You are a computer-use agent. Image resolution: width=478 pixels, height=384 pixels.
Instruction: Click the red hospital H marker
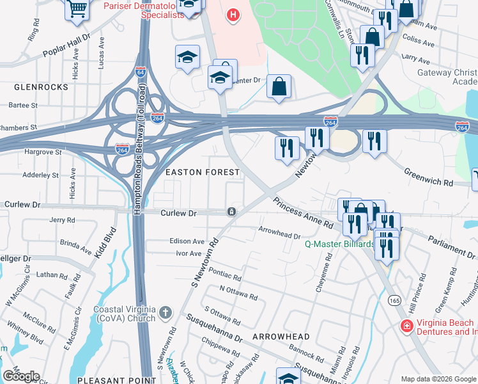click(x=233, y=14)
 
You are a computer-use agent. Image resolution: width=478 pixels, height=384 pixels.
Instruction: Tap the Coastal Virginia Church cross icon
click(x=166, y=312)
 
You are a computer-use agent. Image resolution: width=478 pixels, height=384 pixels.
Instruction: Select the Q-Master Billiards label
click(x=339, y=244)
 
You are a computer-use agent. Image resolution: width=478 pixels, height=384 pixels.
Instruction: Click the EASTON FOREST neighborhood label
click(x=202, y=172)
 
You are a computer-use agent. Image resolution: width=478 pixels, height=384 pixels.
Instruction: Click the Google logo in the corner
click(x=20, y=376)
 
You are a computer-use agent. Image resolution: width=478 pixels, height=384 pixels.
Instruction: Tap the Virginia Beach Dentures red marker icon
click(x=406, y=326)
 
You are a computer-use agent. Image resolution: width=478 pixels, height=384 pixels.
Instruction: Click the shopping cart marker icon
click(x=77, y=8)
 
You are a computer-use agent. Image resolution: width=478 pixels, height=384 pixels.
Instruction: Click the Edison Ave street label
click(x=187, y=242)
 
